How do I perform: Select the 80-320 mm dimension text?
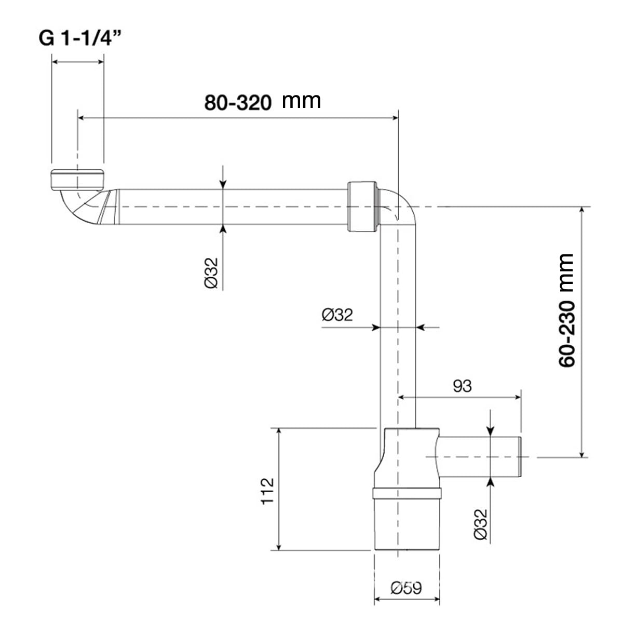[263, 102]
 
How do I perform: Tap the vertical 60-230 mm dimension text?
[566, 310]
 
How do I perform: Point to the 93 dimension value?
[462, 386]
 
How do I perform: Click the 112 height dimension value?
[267, 491]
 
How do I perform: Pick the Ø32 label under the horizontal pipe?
[211, 273]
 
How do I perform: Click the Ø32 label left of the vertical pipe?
[337, 315]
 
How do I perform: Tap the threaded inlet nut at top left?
[77, 180]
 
